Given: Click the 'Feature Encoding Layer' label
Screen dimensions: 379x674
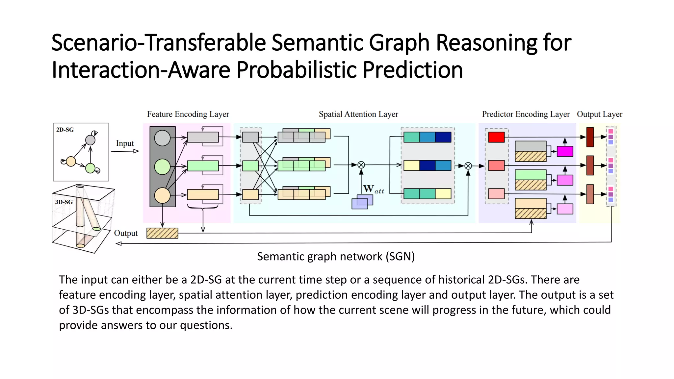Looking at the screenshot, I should [188, 114].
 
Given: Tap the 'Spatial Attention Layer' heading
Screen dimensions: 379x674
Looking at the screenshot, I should [358, 114].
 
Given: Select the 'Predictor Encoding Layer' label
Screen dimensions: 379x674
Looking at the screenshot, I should [526, 114].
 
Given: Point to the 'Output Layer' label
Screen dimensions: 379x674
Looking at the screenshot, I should [599, 114].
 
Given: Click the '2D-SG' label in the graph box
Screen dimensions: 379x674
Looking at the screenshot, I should [65, 130].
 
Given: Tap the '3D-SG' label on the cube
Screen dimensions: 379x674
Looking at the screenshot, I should [64, 202].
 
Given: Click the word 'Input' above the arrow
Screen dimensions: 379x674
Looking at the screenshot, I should [125, 143].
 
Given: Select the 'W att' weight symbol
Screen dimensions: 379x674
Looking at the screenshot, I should [373, 189].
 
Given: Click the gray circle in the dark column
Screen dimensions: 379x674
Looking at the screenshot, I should [162, 138].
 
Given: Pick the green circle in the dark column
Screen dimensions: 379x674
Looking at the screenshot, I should [162, 166].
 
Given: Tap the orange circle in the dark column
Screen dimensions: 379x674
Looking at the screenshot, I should [162, 195].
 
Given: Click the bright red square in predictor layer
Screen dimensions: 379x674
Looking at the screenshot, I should [496, 137].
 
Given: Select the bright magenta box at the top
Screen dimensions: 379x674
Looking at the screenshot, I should [565, 151].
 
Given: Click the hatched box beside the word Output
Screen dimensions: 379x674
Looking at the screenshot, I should [162, 233].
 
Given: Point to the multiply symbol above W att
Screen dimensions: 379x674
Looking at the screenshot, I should [361, 165].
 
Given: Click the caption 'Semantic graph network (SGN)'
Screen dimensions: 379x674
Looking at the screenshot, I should [336, 256].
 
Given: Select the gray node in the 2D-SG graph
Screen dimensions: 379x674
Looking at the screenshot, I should [90, 140].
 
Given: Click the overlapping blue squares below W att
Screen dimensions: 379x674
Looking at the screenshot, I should [362, 202].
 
